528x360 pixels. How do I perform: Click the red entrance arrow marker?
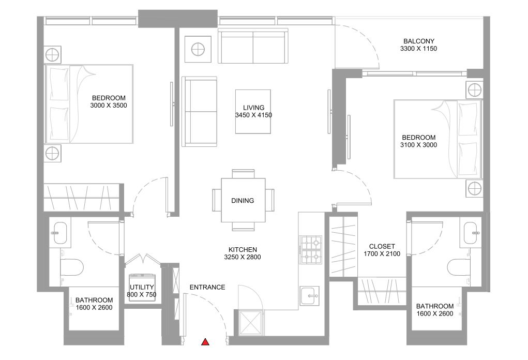click(205, 342)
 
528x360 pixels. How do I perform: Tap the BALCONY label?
click(419, 41)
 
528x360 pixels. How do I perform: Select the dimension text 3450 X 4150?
click(253, 115)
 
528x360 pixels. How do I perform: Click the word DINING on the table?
click(243, 201)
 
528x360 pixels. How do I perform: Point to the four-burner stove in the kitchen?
click(311, 250)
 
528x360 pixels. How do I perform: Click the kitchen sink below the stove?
click(310, 296)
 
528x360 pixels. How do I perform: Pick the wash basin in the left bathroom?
click(61, 233)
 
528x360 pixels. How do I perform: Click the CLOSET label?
click(382, 247)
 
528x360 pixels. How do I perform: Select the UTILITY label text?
click(142, 287)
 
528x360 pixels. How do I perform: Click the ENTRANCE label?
click(207, 287)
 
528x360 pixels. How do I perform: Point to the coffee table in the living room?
click(253, 112)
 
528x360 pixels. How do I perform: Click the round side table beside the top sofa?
click(198, 49)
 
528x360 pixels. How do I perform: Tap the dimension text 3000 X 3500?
click(109, 106)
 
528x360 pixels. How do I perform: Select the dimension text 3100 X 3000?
click(418, 145)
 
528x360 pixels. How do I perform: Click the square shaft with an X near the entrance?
click(250, 323)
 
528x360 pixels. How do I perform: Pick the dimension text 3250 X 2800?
click(243, 257)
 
